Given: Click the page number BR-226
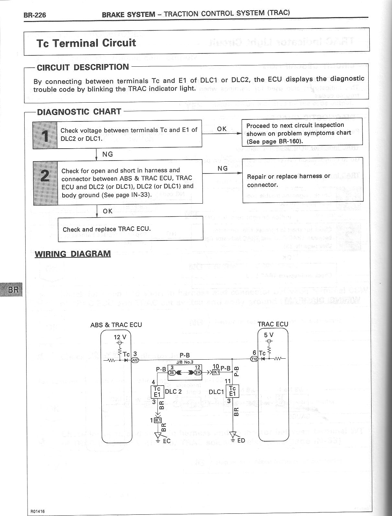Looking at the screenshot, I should pyautogui.click(x=35, y=15).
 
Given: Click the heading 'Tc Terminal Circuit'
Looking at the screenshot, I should pyautogui.click(x=86, y=43).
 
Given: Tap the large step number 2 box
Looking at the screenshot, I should pyautogui.click(x=46, y=183).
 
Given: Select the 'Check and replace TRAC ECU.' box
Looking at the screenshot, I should pyautogui.click(x=130, y=229).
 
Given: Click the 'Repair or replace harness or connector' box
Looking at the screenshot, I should pyautogui.click(x=303, y=180).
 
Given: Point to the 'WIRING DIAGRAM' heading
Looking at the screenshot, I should pyautogui.click(x=73, y=253).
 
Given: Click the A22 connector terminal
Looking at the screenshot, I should pyautogui.click(x=135, y=360).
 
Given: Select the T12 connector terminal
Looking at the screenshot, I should pyautogui.click(x=254, y=359).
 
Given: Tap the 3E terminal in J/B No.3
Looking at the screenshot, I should pyautogui.click(x=172, y=372).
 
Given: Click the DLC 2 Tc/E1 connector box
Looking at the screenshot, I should pyautogui.click(x=157, y=392).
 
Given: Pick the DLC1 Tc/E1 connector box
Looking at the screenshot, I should pyautogui.click(x=233, y=391).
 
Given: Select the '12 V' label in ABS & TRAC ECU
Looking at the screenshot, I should pyautogui.click(x=120, y=337).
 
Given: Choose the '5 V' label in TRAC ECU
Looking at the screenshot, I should pyautogui.click(x=269, y=335).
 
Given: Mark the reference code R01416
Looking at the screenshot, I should pyautogui.click(x=38, y=511).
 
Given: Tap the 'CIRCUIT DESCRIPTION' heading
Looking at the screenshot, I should pyautogui.click(x=83, y=67).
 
